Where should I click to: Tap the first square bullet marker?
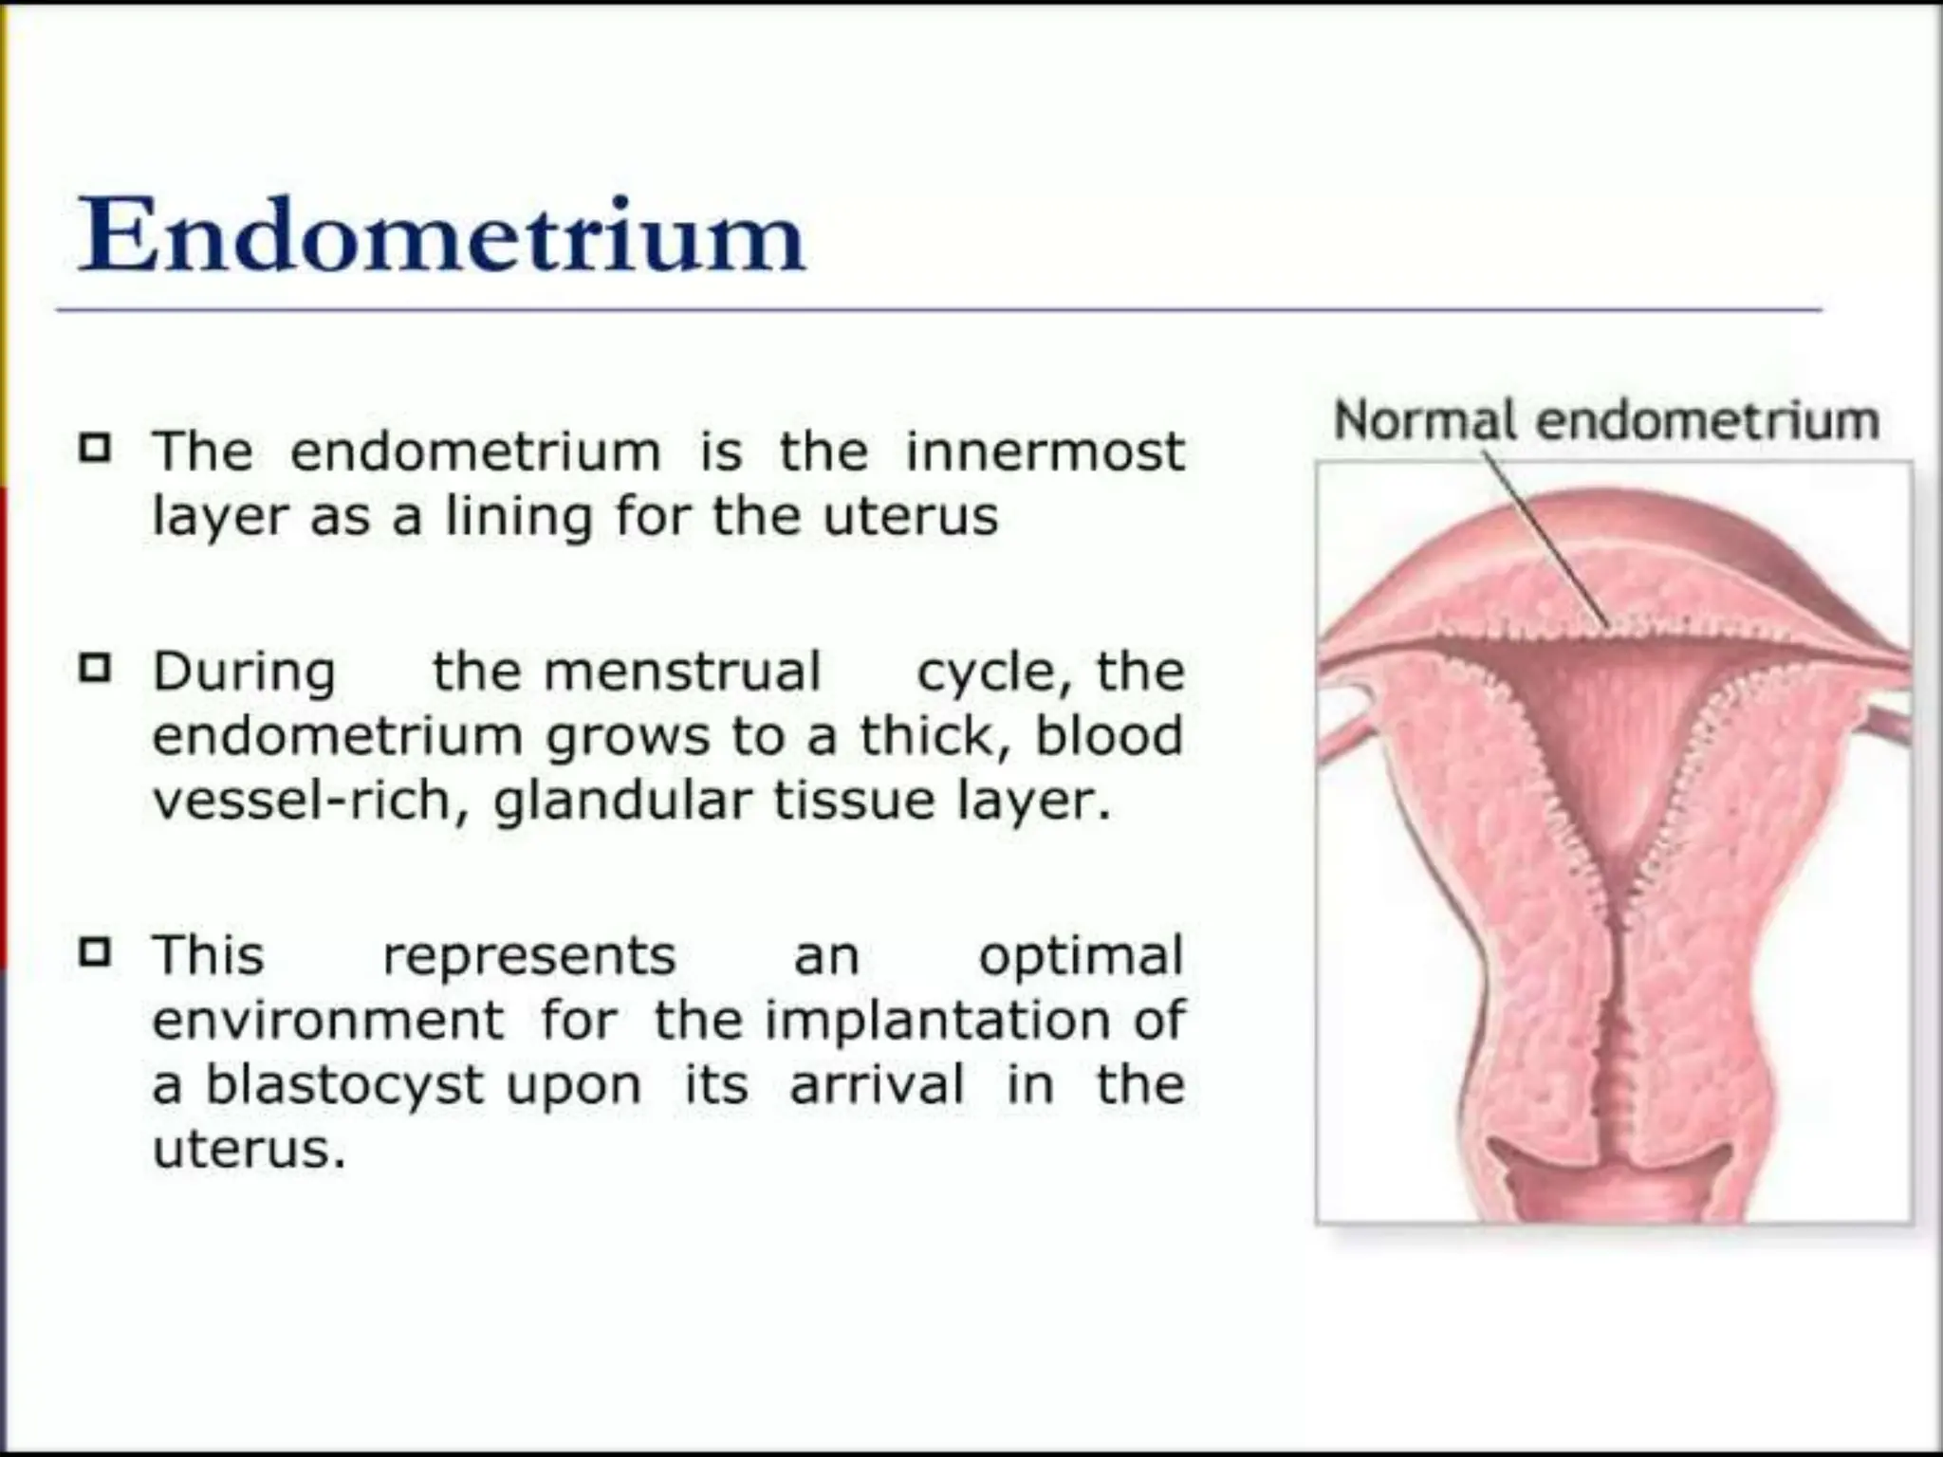pyautogui.click(x=95, y=447)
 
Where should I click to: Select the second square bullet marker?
pyautogui.click(x=95, y=669)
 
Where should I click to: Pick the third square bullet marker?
pyautogui.click(x=95, y=951)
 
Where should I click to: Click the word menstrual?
pyautogui.click(x=681, y=672)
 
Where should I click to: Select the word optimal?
pyautogui.click(x=1081, y=956)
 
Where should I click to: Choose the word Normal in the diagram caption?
pyautogui.click(x=1424, y=420)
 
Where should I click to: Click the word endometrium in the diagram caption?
pyautogui.click(x=1708, y=420)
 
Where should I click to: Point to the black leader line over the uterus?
pyautogui.click(x=1546, y=541)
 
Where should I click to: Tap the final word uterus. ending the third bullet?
pyautogui.click(x=249, y=1151)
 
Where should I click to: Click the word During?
pyautogui.click(x=244, y=672)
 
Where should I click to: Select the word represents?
pyautogui.click(x=528, y=956)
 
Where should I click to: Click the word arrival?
pyautogui.click(x=876, y=1084)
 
